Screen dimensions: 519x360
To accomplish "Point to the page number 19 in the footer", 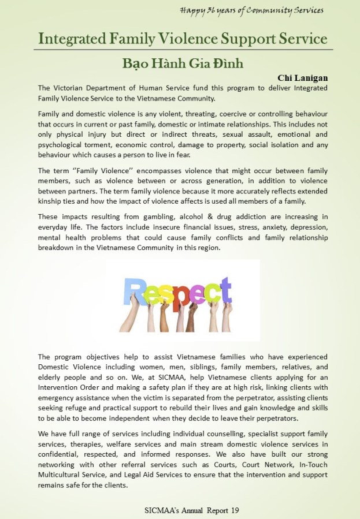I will pos(234,510).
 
